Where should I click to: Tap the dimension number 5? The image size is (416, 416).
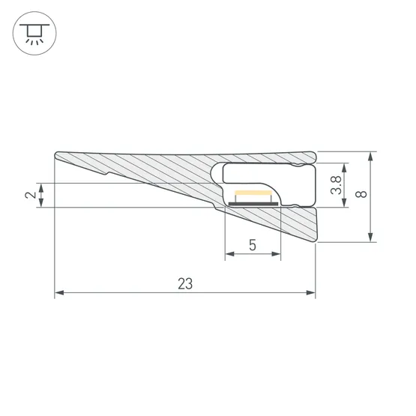click(253, 245)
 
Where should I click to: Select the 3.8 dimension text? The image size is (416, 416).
click(337, 185)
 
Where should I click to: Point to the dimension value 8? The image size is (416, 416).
click(362, 196)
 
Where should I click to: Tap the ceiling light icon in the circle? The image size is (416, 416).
click(32, 32)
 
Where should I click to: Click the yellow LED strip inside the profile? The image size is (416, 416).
click(256, 196)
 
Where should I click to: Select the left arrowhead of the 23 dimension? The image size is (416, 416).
click(58, 294)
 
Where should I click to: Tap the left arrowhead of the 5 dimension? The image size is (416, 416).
click(229, 256)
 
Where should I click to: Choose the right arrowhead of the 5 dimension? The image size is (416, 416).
click(277, 256)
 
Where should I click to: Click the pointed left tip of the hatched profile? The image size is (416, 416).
click(56, 157)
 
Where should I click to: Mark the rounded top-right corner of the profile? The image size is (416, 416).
click(313, 155)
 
